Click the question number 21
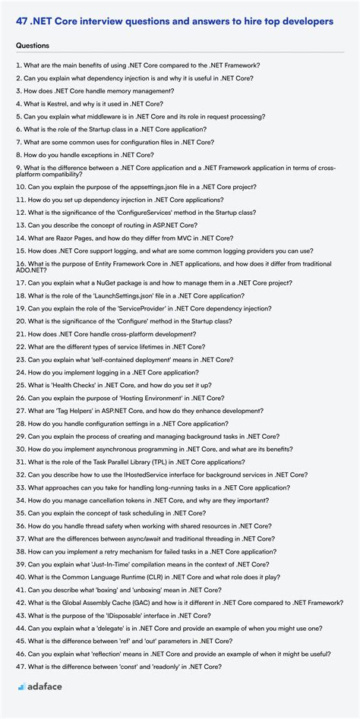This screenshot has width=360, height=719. [20, 334]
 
